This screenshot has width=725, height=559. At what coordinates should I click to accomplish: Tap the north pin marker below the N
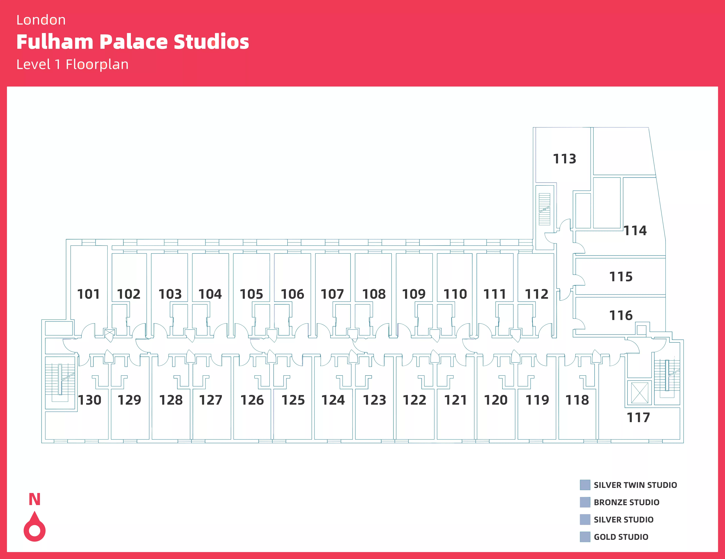(35, 528)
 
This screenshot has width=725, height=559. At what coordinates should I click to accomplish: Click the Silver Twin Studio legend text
(635, 485)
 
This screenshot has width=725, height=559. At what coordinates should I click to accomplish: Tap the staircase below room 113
(544, 209)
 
